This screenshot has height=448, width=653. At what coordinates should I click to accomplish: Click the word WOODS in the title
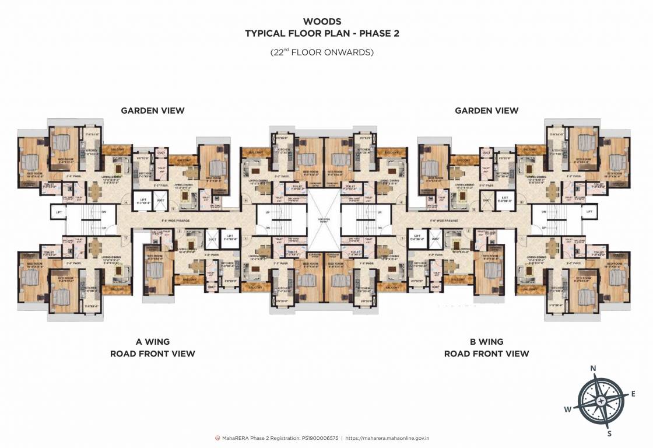click(326, 22)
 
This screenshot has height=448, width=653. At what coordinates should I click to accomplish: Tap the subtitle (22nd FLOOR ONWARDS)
click(322, 52)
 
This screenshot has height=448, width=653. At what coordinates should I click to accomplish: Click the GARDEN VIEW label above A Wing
click(152, 110)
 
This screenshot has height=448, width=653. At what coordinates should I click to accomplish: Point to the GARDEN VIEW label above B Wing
click(486, 110)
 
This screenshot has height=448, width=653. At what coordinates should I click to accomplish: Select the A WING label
click(153, 342)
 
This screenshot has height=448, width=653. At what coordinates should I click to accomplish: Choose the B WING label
click(486, 342)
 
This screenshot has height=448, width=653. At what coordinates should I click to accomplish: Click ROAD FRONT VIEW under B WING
click(486, 353)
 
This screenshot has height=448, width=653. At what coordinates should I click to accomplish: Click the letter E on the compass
click(633, 394)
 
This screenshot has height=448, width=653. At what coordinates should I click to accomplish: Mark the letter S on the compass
click(609, 433)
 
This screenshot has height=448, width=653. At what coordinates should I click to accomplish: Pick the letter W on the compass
click(567, 409)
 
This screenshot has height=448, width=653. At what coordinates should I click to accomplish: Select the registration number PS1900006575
click(317, 437)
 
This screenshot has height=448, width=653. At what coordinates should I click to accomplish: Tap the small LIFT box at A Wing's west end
click(59, 211)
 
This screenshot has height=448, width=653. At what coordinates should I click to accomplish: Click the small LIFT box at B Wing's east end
click(590, 211)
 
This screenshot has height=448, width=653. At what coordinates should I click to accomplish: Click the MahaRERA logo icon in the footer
click(218, 437)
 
